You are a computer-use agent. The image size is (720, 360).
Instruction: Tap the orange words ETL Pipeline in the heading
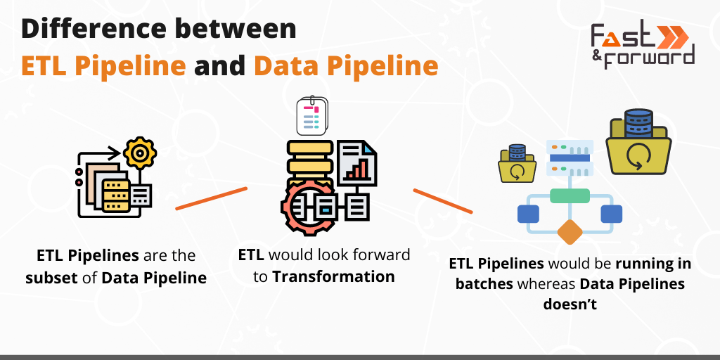pyautogui.click(x=103, y=65)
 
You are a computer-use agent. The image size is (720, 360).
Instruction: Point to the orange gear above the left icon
pyautogui.click(x=139, y=152)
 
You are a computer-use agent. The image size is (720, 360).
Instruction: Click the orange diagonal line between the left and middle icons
pyautogui.click(x=211, y=198)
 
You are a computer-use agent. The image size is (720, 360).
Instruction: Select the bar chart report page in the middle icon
pyautogui.click(x=357, y=162)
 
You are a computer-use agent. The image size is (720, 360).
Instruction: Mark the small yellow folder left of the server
pyautogui.click(x=517, y=165)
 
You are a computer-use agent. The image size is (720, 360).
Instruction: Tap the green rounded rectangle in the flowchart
pyautogui.click(x=570, y=196)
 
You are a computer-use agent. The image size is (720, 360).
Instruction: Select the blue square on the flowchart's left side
pyautogui.click(x=527, y=214)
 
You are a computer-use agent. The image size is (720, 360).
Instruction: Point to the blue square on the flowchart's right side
pyautogui.click(x=611, y=214)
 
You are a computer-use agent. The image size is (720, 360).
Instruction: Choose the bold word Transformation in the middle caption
pyautogui.click(x=333, y=276)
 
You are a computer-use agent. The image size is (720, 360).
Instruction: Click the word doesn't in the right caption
pyautogui.click(x=570, y=304)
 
